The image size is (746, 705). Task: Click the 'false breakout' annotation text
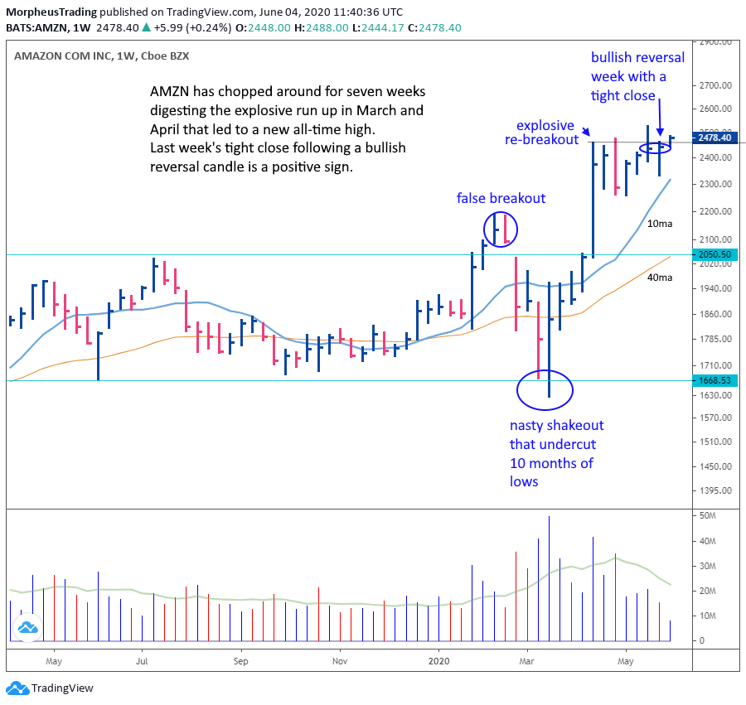[x=501, y=198]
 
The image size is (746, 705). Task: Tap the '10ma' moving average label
[x=659, y=224]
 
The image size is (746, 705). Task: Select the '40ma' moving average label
[x=659, y=278]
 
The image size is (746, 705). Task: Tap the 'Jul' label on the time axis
[x=142, y=661]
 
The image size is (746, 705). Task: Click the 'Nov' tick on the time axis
[x=338, y=661]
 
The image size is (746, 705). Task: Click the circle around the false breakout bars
[x=501, y=229]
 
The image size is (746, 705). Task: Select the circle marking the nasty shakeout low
[x=545, y=390]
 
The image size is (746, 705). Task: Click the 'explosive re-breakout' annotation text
[x=545, y=133]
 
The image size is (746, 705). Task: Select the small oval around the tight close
[x=655, y=147]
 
